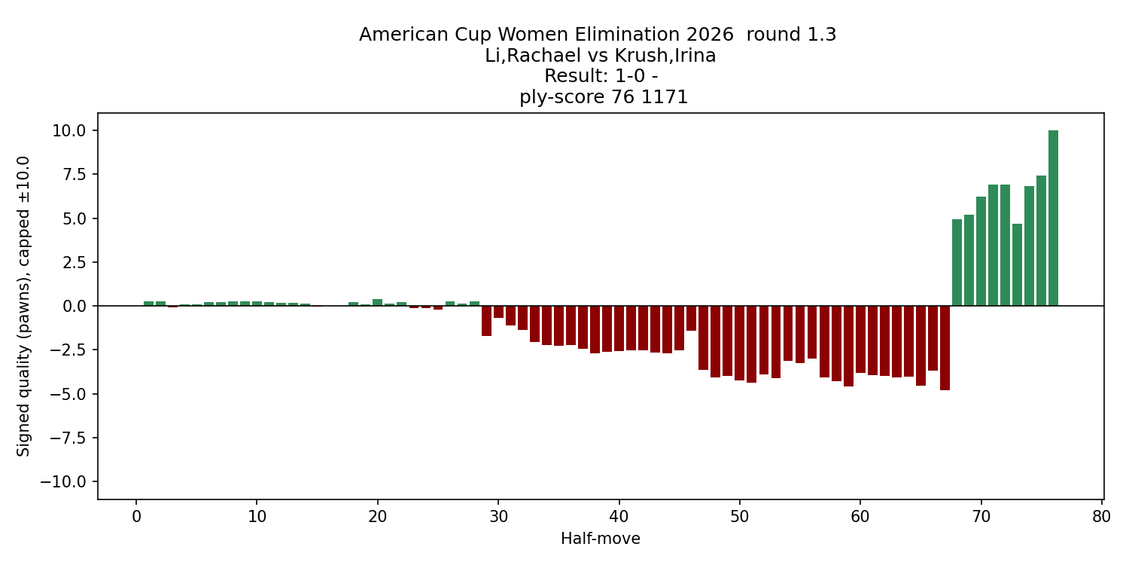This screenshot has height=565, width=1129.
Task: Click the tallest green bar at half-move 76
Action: (1053, 218)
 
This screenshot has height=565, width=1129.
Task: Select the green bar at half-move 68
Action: (957, 263)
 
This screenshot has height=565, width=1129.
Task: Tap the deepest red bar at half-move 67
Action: (945, 348)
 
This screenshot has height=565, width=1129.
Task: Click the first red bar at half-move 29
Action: (486, 321)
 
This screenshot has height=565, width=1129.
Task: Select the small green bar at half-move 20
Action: (377, 303)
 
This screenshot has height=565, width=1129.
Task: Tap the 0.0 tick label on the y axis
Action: (75, 307)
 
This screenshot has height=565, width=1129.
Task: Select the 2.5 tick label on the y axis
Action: (75, 263)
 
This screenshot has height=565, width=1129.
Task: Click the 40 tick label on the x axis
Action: (619, 518)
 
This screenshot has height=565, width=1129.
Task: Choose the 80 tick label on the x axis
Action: (1102, 518)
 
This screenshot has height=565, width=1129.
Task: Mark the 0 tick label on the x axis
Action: (136, 518)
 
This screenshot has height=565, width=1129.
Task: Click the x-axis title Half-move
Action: (600, 539)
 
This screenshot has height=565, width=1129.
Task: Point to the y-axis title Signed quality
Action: (24, 306)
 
